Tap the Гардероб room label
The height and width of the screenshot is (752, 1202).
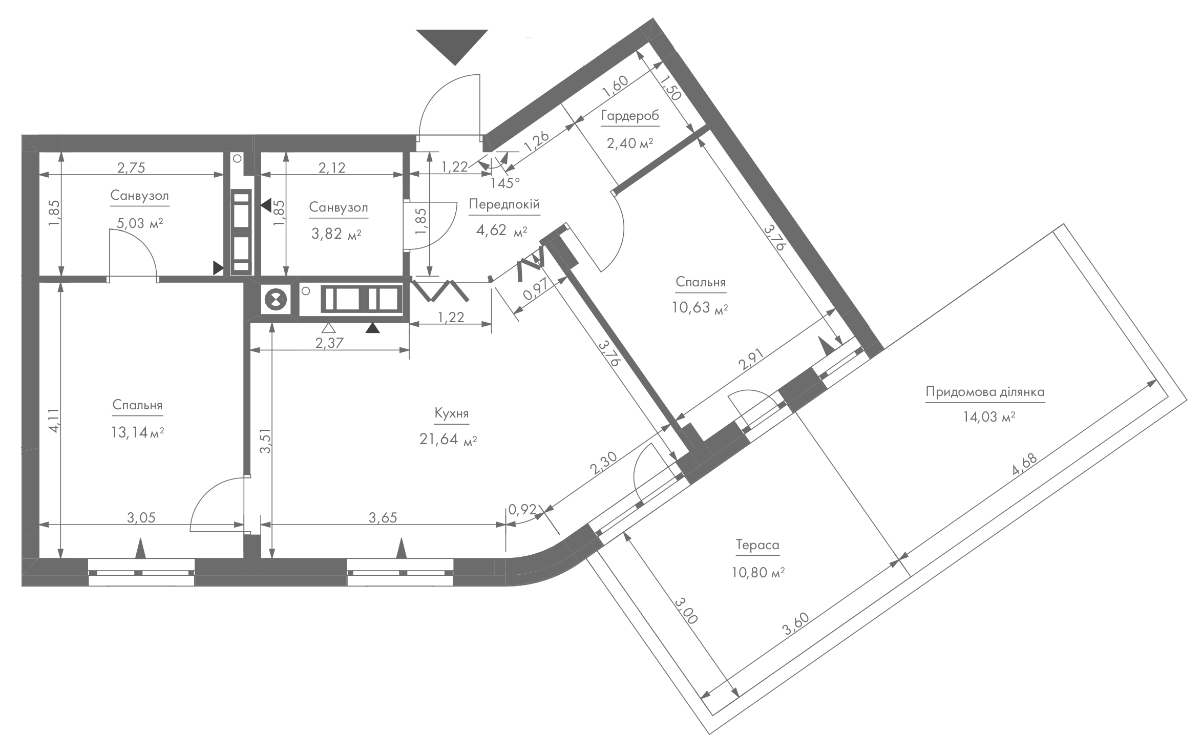630,116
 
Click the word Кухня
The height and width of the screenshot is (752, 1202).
451,413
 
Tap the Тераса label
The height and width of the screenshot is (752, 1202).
757,545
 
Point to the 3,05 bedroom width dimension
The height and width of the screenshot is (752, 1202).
141,518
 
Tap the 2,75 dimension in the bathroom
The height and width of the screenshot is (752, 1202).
131,168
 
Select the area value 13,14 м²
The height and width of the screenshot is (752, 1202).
137,433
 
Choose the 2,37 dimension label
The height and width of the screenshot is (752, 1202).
329,343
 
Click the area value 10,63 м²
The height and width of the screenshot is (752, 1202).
700,307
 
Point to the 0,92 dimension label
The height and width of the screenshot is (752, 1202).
522,509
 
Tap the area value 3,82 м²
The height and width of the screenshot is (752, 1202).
337,234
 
